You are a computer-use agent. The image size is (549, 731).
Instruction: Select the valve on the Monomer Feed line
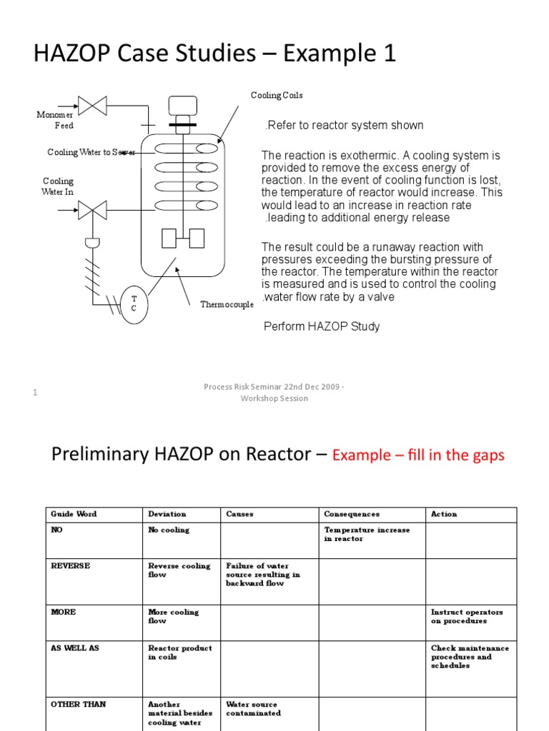(x=92, y=106)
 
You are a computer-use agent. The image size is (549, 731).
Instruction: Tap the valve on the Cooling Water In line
(x=92, y=210)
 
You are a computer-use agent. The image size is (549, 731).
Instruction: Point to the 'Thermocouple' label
(x=227, y=305)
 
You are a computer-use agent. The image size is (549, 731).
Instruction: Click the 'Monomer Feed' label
(x=55, y=120)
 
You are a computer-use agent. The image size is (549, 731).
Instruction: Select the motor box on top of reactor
(x=182, y=106)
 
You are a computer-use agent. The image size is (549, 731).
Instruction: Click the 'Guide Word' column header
(x=74, y=514)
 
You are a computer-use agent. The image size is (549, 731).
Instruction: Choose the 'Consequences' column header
(x=351, y=514)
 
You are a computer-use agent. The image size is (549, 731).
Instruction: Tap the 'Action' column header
(x=444, y=514)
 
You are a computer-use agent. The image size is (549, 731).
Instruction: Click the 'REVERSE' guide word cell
(x=70, y=566)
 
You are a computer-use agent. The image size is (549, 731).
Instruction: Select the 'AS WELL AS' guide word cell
(x=75, y=648)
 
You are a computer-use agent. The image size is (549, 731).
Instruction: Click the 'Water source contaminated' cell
(x=252, y=709)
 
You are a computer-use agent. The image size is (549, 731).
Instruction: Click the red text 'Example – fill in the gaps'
(x=418, y=455)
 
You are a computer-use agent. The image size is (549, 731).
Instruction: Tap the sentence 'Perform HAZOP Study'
(x=322, y=326)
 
